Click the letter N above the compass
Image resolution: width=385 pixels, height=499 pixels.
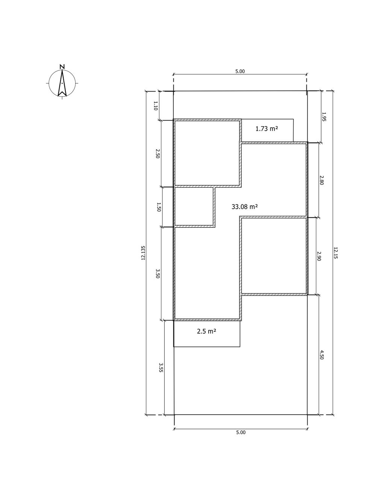[62, 67]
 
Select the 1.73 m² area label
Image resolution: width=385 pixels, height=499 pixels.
[267, 128]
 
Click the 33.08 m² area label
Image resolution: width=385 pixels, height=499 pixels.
[244, 207]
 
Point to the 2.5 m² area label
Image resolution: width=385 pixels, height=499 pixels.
[206, 331]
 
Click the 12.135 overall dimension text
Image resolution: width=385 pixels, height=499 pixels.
[143, 253]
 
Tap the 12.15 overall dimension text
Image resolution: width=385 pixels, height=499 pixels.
[335, 253]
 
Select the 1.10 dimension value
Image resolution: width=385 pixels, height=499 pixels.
[156, 106]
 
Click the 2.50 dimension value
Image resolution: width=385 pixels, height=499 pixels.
[158, 153]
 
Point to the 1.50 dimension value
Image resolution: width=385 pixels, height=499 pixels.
[159, 207]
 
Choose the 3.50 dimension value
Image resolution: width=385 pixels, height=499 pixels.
[158, 274]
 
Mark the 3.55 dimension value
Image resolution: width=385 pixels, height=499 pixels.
[161, 368]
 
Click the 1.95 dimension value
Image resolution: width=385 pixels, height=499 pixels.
[324, 117]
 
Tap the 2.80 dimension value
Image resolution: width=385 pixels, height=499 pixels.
[321, 180]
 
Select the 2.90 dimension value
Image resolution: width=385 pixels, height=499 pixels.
[319, 256]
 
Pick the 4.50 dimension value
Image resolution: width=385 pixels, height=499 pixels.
[321, 355]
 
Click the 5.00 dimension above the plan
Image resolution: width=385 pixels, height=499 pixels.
[240, 72]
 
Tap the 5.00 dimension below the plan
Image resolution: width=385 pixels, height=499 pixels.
[241, 432]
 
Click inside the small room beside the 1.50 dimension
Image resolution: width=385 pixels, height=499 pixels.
[194, 206]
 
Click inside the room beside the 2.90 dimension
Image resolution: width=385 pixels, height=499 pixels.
[274, 256]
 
